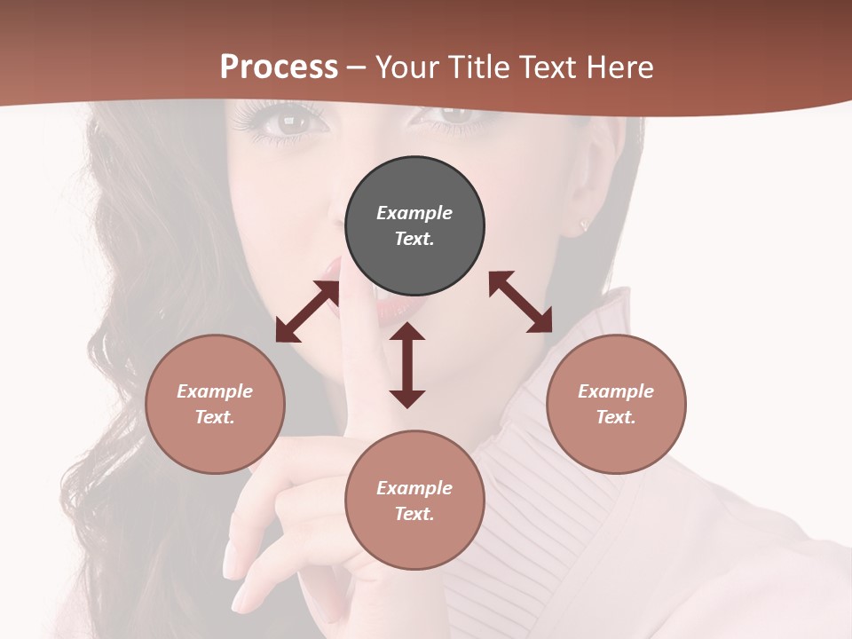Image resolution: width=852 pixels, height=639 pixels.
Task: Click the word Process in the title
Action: coord(279,67)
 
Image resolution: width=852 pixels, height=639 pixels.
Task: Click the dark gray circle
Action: coord(414,226)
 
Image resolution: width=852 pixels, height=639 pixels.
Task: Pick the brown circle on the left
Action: coord(215,404)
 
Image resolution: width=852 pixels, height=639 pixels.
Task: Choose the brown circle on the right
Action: coord(616,404)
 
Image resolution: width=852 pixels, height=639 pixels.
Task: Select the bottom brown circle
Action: coord(414,501)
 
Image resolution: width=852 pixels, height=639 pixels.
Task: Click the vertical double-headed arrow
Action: coord(407,365)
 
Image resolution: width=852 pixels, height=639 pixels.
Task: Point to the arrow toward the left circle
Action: coord(307,312)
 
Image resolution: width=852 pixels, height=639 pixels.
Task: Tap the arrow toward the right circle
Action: coord(521,302)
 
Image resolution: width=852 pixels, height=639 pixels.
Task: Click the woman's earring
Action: coord(584,225)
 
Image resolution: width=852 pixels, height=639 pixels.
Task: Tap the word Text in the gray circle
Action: coord(414,239)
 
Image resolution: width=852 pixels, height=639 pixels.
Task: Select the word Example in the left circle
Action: coord(215,391)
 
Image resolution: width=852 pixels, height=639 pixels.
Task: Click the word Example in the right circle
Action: coord(616,391)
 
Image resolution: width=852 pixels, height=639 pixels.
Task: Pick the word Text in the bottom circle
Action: coord(414,514)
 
